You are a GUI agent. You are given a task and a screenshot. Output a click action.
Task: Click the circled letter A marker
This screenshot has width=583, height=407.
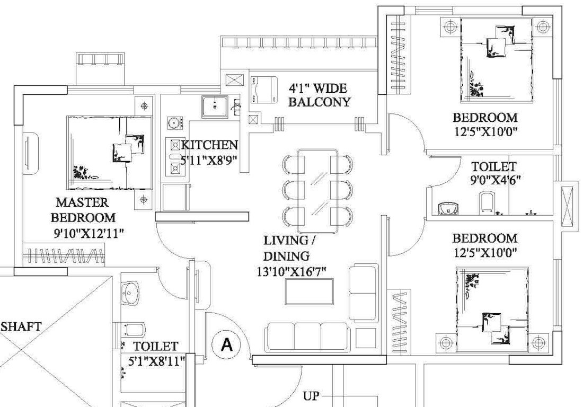(x=226, y=344)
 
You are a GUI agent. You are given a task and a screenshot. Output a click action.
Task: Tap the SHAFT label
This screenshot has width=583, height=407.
(x=21, y=327)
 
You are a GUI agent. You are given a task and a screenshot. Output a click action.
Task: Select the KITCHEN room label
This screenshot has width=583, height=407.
(x=209, y=145)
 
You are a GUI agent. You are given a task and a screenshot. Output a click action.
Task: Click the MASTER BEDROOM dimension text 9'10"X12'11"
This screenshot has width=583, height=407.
(x=89, y=233)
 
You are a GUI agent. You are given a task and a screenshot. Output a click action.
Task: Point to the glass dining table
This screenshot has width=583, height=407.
(x=318, y=191)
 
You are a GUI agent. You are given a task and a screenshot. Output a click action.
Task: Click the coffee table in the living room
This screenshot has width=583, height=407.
(x=310, y=291)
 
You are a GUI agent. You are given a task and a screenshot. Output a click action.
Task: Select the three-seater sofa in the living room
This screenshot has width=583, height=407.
(x=307, y=337)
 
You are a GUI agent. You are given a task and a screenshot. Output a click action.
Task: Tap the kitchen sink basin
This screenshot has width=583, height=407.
(x=215, y=107)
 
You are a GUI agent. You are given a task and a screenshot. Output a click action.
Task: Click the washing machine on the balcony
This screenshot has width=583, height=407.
(x=264, y=90)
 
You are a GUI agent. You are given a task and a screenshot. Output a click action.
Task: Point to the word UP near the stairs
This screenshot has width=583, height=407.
(x=311, y=396)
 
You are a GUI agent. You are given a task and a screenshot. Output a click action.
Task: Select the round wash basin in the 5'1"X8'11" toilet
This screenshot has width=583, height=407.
(x=130, y=293)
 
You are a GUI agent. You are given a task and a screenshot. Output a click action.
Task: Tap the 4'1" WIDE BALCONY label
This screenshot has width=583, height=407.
(x=319, y=95)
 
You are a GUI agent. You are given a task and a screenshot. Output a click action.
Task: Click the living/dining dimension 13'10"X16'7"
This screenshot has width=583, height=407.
(x=291, y=272)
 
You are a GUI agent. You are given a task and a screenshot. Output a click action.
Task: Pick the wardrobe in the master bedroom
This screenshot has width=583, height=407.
(x=64, y=254)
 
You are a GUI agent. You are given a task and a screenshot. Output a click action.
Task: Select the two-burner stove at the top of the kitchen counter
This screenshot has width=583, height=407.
(x=175, y=122)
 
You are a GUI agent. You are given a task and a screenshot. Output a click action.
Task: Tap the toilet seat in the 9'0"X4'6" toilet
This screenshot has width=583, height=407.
(x=488, y=202)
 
